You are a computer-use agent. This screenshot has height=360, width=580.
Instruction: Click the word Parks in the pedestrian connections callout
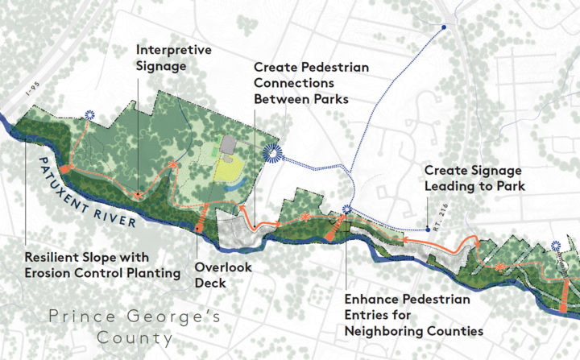pyautogui.click(x=321, y=99)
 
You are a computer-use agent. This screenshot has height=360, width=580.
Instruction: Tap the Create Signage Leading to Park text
pyautogui.click(x=473, y=179)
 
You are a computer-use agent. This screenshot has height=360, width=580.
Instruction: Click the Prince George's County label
pyautogui.click(x=133, y=326)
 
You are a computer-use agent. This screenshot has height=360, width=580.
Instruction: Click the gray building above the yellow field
pyautogui.click(x=227, y=143)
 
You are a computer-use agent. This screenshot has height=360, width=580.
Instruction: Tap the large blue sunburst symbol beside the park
pyautogui.click(x=271, y=153)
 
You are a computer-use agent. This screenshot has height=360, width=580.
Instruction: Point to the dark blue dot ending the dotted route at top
pyautogui.click(x=444, y=29)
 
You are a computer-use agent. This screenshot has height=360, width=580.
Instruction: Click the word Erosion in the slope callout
pyautogui.click(x=49, y=274)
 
